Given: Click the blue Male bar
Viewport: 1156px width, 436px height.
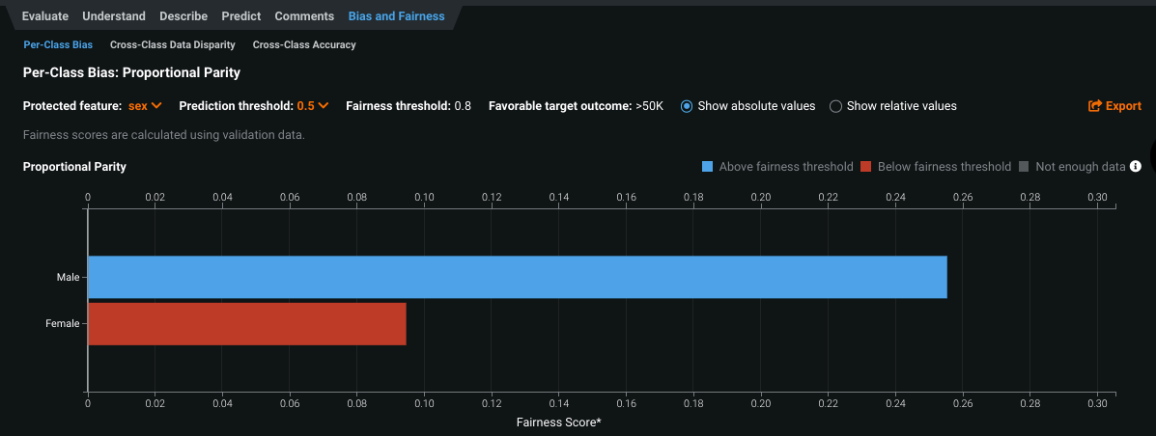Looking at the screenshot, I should tap(517, 277).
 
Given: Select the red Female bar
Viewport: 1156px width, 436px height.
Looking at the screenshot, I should tap(246, 324).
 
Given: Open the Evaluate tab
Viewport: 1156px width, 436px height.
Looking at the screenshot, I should tap(45, 16).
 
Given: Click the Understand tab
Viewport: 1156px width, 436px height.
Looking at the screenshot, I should tap(114, 16).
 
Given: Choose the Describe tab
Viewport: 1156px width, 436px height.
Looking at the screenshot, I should tap(183, 16).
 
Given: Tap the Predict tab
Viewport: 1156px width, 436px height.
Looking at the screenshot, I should tap(241, 16).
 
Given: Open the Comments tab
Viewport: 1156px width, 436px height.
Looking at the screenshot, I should tap(304, 16).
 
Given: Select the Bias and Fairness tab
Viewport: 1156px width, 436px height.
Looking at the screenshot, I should tap(396, 16).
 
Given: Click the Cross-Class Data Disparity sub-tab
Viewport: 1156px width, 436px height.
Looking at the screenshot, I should tap(173, 44).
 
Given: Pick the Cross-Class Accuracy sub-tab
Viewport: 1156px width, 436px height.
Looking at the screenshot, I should tap(304, 44).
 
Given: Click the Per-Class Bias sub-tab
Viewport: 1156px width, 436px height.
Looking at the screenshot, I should tap(58, 44).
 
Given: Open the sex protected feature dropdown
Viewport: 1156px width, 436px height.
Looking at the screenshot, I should tap(145, 106).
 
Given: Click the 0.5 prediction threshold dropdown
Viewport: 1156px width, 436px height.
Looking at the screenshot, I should tap(313, 106).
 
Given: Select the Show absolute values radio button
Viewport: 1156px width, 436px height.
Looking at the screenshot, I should tap(687, 106).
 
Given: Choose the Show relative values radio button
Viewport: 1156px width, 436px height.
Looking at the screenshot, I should tap(836, 106).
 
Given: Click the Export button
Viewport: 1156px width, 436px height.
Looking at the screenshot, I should tap(1114, 106).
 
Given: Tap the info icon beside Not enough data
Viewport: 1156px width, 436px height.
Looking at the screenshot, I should tap(1136, 166).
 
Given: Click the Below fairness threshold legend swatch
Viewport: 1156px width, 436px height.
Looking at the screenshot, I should tap(866, 167).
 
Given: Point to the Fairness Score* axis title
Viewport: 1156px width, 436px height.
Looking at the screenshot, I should tap(559, 422).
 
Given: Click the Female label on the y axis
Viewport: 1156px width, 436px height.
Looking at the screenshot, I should tap(62, 324).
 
